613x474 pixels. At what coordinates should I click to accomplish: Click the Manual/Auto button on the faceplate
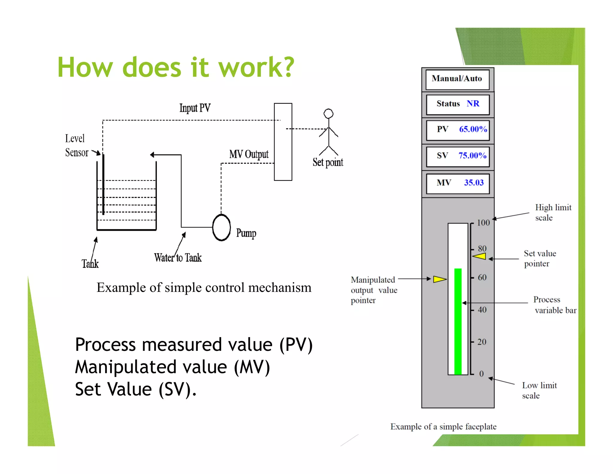point(457,79)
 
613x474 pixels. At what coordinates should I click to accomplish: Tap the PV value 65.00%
point(473,129)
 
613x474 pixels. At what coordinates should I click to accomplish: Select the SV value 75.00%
point(472,156)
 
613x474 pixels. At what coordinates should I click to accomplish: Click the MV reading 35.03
point(474,183)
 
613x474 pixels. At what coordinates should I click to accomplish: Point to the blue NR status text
point(473,104)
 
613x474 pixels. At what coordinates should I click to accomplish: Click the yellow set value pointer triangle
point(480,256)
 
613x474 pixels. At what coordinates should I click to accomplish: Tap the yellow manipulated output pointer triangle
point(439,279)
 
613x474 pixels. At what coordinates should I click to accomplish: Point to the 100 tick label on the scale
point(483,223)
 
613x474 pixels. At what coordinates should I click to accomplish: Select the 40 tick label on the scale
point(482,310)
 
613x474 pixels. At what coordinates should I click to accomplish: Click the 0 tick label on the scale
point(481,374)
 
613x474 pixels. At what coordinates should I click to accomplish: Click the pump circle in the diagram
point(221,227)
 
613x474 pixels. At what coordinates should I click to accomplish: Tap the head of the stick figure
point(328,114)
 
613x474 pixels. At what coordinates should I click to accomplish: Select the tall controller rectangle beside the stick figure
point(283,142)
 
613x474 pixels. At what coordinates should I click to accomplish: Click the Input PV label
point(195,108)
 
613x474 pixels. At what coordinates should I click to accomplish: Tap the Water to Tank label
point(178,258)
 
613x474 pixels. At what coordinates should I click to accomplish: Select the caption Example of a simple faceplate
point(443,427)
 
